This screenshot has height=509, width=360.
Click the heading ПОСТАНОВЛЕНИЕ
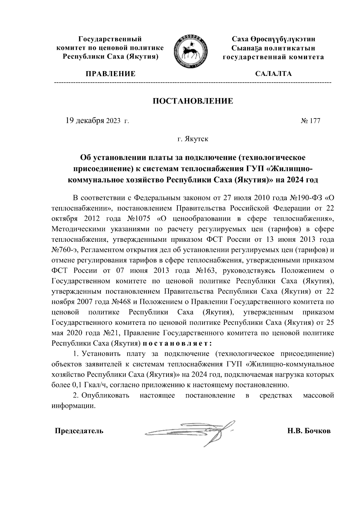point(193,101)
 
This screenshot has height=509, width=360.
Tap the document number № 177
point(310,121)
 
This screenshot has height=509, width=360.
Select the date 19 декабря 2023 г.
point(97,121)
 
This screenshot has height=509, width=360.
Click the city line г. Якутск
point(193,139)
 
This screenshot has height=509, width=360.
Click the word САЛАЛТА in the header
point(273,74)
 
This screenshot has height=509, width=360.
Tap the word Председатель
point(79,431)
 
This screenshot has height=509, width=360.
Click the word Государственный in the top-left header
point(110,39)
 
